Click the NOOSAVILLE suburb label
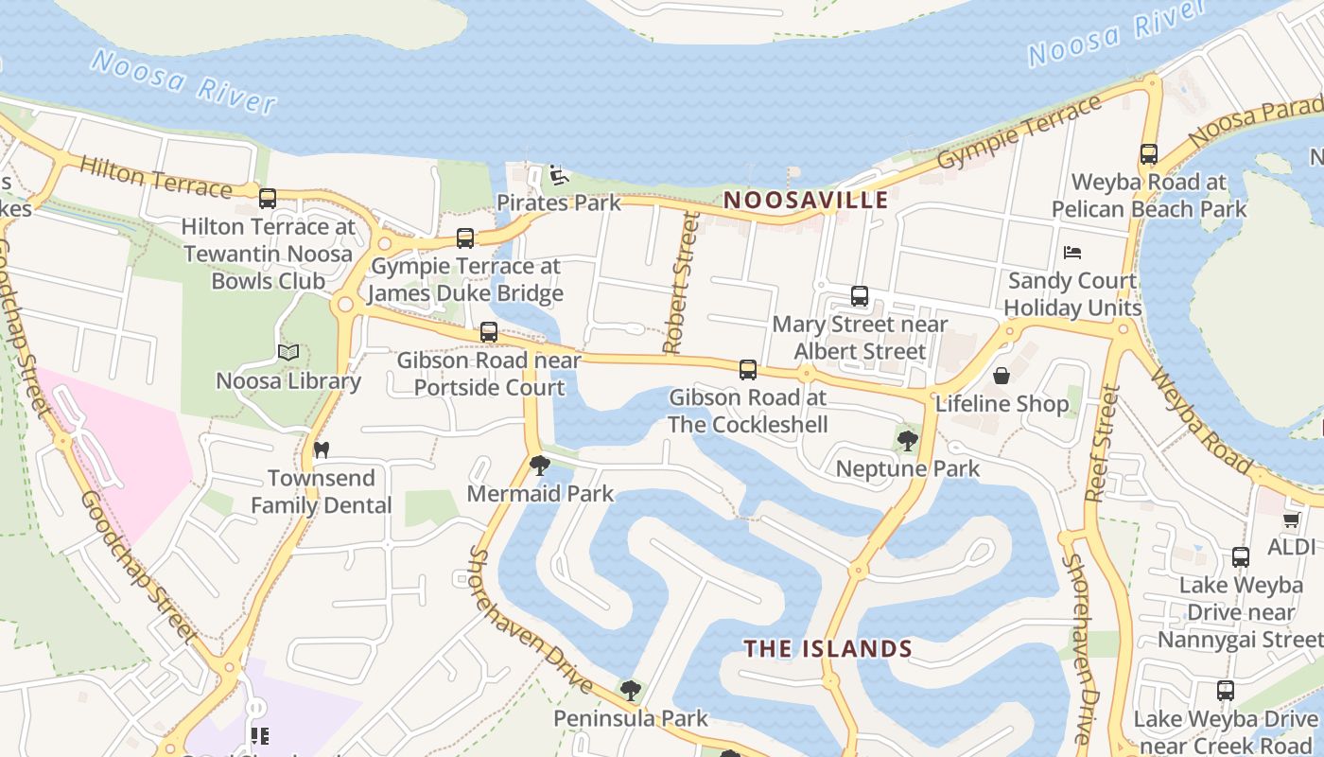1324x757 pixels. point(806,200)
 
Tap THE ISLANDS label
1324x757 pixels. point(827,648)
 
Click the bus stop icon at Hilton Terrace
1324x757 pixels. point(268,199)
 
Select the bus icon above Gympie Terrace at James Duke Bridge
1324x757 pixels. point(464,238)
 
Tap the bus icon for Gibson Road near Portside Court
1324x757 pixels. point(488,332)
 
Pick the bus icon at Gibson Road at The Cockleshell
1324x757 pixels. point(747,370)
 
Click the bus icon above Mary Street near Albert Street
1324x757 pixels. point(859,296)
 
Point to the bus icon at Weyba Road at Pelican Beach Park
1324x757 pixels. point(1148,154)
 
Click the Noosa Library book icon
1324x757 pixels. point(288,353)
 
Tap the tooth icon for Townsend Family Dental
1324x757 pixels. point(321,449)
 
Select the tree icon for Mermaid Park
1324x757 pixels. point(539,465)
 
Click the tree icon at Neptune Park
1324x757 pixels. point(907,440)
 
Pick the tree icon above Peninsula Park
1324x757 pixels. point(630,691)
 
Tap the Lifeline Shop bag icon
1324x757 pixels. point(1002,376)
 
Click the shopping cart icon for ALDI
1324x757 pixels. point(1291,519)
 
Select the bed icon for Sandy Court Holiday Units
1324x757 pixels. point(1071,253)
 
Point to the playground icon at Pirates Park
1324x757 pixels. point(559,175)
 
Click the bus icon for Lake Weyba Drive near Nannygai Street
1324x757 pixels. point(1240,557)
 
